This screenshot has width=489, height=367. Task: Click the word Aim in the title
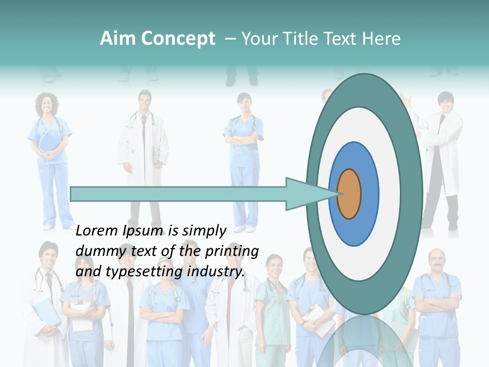117,39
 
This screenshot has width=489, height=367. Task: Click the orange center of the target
349,194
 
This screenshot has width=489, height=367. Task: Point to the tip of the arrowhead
340,194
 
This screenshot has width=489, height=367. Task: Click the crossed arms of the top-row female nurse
244,140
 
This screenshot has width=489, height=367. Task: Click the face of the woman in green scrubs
274,267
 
